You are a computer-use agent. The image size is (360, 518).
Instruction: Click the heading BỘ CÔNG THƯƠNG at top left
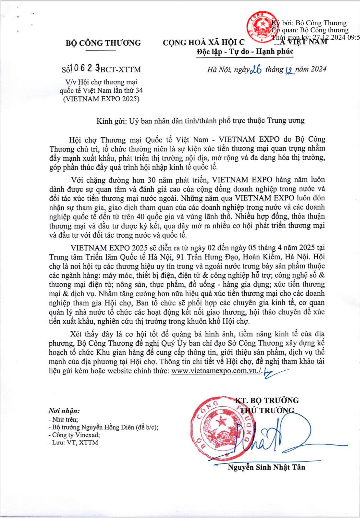pos(103,43)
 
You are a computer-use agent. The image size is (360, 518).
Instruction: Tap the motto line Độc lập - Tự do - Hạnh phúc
pos(245,52)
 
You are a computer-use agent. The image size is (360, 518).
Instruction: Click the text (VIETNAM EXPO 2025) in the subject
pos(101,99)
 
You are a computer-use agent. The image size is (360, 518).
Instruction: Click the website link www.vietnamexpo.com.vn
pos(215,371)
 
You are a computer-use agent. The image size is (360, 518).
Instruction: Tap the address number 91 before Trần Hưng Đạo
pos(180,257)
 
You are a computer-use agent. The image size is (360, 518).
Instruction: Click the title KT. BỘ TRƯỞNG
pos(267,400)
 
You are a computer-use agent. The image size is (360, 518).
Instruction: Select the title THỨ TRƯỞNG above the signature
pos(267,410)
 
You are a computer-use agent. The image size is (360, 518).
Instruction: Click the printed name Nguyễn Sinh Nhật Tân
pos(267,467)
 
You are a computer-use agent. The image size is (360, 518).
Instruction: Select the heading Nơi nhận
pos(64,411)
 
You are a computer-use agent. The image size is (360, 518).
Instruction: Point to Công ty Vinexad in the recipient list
pos(76,435)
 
